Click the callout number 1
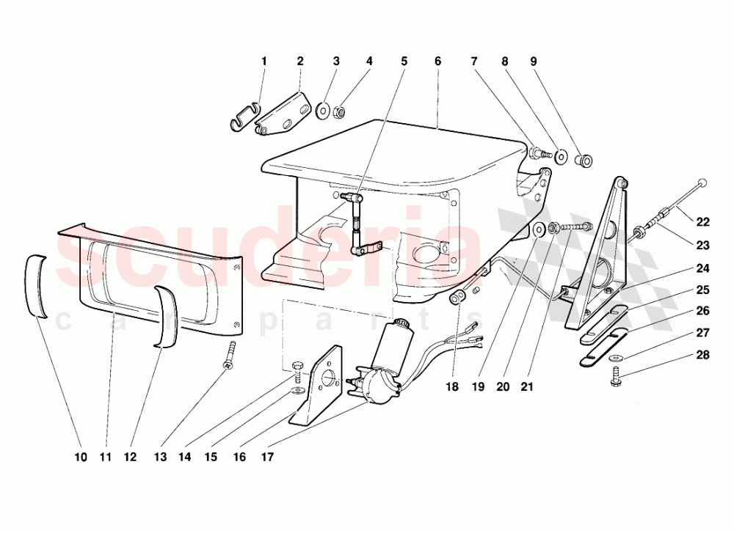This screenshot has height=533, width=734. coord(264,62)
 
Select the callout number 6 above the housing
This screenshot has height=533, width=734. coord(437,62)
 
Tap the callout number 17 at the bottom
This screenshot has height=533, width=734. coord(266,457)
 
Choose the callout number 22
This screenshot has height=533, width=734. coord(703,222)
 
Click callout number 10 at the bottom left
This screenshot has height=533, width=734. coord(81,457)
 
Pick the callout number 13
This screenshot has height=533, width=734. coord(161,457)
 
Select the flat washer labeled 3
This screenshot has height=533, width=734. coord(322,112)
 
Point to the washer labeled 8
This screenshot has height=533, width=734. coord(561,156)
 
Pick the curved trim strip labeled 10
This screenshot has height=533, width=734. coord(37,284)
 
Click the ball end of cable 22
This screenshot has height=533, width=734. coord(704,183)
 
